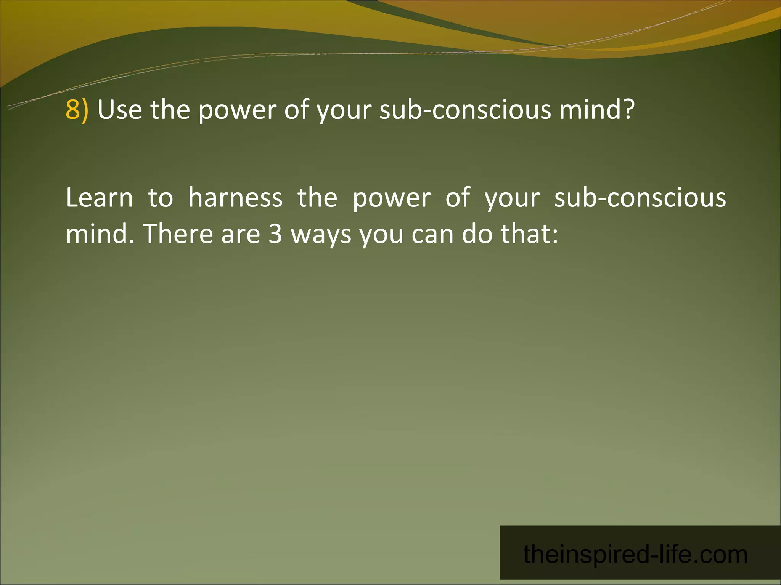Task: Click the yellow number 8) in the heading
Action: (x=77, y=110)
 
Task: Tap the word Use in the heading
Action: (x=120, y=110)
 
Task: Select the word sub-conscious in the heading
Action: (x=465, y=110)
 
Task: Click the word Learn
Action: (x=99, y=198)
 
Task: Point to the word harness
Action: (x=235, y=198)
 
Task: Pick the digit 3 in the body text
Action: (x=275, y=234)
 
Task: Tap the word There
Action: (x=177, y=234)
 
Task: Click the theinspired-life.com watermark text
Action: (x=635, y=555)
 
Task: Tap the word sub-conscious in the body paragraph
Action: (x=640, y=198)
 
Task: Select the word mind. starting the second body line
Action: (x=100, y=234)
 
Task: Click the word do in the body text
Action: (x=477, y=234)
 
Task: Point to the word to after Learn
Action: (x=161, y=198)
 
